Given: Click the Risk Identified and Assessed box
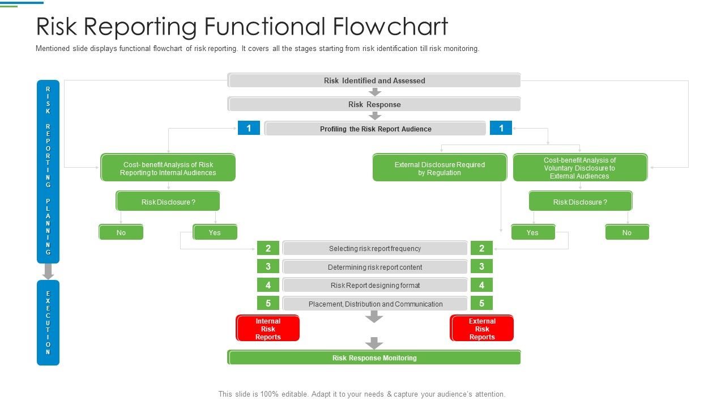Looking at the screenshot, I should coord(374,80).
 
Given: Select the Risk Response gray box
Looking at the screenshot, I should coord(374,104).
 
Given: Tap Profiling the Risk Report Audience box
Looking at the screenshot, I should coord(375,129).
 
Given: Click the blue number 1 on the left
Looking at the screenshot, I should coord(249,128).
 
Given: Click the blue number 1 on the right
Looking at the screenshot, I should coord(501,128).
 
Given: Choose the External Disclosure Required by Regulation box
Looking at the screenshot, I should coord(440,168).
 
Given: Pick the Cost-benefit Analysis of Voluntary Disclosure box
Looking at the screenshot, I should coord(579,168).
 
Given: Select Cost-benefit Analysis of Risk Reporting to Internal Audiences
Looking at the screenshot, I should coord(168,168).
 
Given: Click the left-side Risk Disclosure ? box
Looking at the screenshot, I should coord(168,202).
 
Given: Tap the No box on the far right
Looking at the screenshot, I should coord(626,232).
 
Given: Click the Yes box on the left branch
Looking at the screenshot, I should coord(215,232).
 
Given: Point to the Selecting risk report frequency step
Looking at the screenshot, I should coord(374,248).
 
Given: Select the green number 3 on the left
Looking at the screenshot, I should coord(268,266).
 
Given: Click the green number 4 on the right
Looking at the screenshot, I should coord(481,285).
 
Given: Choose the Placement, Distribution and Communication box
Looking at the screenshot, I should coord(374,304).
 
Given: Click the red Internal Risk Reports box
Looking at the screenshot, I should coord(267,329).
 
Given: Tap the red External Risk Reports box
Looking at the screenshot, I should coord(481,329).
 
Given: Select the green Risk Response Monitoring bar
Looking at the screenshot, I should coord(374,358).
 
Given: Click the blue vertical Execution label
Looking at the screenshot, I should coord(48,322).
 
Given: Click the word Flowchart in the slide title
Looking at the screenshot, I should coord(391,27).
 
